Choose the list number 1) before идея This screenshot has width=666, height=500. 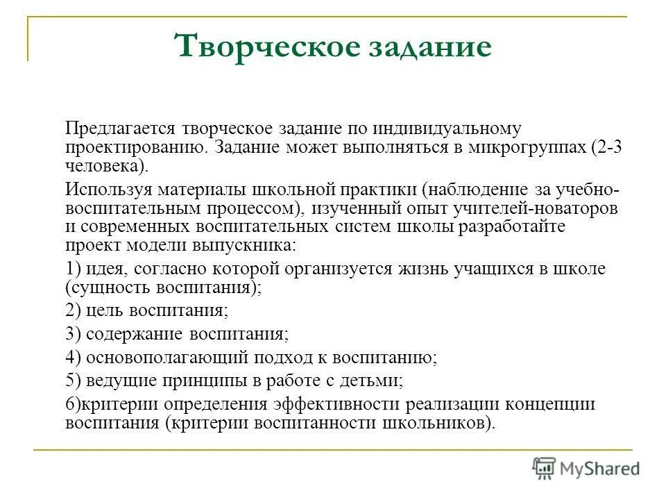point(73,268)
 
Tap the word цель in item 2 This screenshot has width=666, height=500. point(106,310)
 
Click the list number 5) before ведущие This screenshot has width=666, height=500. point(73,381)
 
